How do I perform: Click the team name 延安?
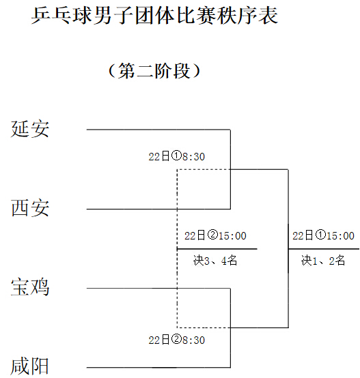30,129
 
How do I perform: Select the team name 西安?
30,208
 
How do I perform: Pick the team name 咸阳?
30,366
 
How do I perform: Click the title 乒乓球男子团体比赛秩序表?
154,16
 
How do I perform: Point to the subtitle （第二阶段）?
154,71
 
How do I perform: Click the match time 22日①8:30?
177,156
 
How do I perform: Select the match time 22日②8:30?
177,340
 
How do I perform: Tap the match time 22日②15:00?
215,235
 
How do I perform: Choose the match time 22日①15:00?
323,235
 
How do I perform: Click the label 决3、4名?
215,261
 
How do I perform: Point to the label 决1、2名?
323,261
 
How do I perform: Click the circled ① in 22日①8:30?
176,156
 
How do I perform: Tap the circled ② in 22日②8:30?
176,339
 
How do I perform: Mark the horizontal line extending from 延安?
158,130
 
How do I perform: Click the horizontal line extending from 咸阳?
158,367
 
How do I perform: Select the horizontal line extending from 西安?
158,209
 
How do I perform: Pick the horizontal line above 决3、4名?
217,249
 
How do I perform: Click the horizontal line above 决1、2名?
324,249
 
